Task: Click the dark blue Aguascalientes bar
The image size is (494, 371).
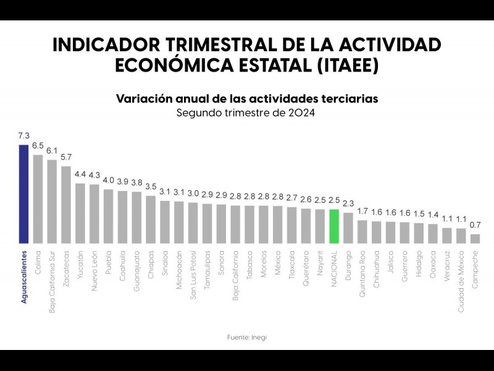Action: click(23, 194)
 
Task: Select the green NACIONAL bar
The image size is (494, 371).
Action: click(334, 226)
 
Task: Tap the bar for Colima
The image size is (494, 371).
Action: click(38, 198)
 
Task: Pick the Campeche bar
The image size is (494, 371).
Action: click(475, 238)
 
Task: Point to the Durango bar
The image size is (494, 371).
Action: click(348, 228)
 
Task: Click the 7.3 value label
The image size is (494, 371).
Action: click(23, 136)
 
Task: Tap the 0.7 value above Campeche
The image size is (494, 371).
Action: click(475, 225)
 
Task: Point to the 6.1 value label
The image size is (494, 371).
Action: click(52, 151)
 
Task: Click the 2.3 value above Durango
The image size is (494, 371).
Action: click(348, 203)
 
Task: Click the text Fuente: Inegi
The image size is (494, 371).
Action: click(246, 337)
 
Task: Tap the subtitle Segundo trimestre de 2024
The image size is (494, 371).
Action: click(246, 113)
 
